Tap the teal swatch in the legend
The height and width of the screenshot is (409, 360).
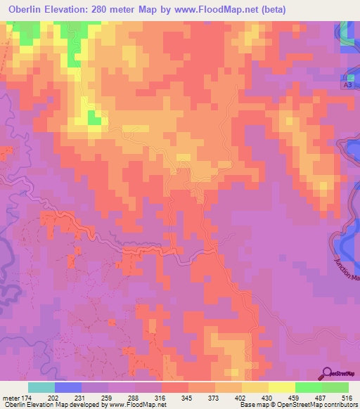(41, 387)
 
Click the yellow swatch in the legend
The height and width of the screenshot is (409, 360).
(282, 387)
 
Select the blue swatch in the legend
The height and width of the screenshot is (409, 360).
(68, 387)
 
